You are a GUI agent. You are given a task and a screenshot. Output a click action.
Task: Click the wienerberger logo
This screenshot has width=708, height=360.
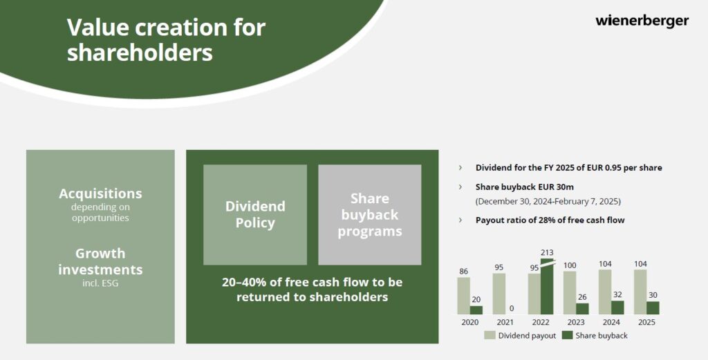point(642,21)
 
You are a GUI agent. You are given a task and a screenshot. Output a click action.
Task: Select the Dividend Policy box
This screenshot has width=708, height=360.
point(255,215)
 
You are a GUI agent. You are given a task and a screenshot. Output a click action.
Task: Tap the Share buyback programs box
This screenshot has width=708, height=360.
point(370,215)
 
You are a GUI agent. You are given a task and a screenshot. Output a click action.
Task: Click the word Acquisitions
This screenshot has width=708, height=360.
point(100,193)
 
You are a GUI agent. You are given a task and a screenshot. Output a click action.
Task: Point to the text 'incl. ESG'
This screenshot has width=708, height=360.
point(100,284)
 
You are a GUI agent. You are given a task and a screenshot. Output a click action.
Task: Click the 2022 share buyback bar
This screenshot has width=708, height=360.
point(547,287)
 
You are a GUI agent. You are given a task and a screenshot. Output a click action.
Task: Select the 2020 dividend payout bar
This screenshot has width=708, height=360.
point(464,296)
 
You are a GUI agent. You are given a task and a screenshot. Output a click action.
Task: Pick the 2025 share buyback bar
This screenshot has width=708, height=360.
point(653,308)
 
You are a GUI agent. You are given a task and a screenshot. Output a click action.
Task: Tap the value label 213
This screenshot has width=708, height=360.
point(547,253)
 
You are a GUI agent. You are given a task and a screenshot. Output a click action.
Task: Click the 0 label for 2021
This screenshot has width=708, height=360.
point(512,309)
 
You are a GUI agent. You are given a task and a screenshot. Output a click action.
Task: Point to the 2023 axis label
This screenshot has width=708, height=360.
point(576,322)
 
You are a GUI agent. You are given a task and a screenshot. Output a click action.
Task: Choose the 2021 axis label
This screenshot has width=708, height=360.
point(505,322)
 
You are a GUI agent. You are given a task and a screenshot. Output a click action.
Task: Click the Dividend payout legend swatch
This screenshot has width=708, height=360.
point(490,335)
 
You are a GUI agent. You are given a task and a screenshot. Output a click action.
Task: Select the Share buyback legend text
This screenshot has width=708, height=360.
point(602,336)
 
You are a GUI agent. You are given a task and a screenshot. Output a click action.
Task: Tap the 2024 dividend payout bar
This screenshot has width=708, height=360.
point(605,292)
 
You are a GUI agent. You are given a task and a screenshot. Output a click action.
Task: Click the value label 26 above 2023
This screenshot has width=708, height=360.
point(582,297)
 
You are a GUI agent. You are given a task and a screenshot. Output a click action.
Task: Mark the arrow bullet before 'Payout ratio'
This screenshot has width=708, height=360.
point(460,220)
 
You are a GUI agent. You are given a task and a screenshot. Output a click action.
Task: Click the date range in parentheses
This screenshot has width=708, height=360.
point(548,201)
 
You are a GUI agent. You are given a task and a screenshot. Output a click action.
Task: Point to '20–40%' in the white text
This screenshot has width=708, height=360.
point(245,283)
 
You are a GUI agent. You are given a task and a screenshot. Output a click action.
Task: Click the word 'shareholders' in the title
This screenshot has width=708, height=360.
point(140,53)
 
